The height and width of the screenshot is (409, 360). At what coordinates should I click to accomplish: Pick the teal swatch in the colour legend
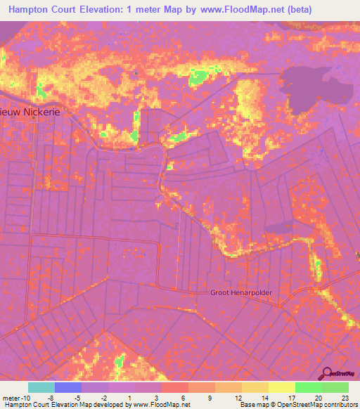tap(41, 387)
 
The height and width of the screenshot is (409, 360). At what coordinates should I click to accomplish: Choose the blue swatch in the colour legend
tap(68, 387)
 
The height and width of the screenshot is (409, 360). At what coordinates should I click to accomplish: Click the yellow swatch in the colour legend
tap(282, 387)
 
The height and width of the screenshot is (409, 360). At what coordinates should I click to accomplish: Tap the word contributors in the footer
tap(341, 405)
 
